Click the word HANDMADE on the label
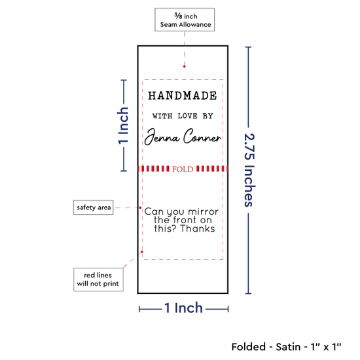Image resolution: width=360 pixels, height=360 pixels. pos(183,96)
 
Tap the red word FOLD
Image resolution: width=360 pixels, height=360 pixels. pos(183,170)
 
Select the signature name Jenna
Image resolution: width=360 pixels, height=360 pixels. pos(162,137)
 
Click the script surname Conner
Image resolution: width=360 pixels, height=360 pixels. pos(202,136)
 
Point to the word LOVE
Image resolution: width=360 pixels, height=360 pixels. pos(188,116)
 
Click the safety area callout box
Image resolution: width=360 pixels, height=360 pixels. pos(93,207)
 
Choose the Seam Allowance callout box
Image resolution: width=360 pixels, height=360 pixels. pos(185,20)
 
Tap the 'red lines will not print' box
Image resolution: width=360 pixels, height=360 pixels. pos(98,279)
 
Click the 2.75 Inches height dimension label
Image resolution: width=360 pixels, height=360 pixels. pos(249,170)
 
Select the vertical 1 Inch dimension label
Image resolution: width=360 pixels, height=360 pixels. pos(123,126)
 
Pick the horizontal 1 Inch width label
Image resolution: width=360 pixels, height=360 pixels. pos(184,308)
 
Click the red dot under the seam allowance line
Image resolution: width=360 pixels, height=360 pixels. pos(185,67)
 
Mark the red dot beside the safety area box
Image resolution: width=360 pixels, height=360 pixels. pos(140,207)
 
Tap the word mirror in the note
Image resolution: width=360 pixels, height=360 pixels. pos(203,211)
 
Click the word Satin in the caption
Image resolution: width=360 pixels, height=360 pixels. pos(288,347)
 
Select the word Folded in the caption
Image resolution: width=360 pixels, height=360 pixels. pos(249,347)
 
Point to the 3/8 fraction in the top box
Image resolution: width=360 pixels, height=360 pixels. pos(178,16)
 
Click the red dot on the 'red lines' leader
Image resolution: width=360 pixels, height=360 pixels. pos(142,252)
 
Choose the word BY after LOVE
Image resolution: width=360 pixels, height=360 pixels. pos(207,116)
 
